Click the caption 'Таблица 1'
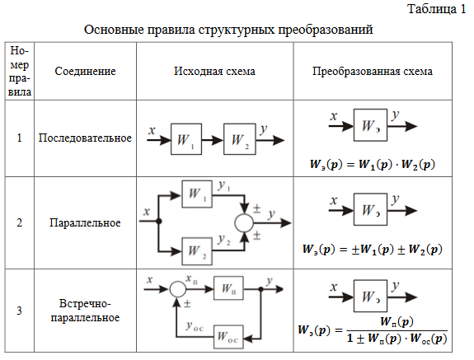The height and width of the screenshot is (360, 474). [437, 9]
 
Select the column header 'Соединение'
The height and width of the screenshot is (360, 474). [85, 71]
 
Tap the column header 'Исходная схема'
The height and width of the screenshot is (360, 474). [214, 71]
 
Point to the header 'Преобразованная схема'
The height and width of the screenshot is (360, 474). [373, 72]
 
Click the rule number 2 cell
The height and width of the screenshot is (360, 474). [19, 222]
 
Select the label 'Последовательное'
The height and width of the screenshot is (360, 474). [85, 138]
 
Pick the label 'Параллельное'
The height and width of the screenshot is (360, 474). [85, 222]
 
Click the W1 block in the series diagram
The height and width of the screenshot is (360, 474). [186, 139]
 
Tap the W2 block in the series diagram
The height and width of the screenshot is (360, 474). [240, 139]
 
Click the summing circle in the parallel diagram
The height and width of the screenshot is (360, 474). [244, 223]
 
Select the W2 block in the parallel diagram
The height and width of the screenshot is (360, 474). [197, 251]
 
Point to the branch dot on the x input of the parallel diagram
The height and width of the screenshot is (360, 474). [158, 222]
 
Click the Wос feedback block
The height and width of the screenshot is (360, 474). [228, 337]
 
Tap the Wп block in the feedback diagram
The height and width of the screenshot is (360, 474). [228, 288]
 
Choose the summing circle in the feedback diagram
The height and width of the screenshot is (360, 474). [177, 289]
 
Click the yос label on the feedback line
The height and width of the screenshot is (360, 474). [195, 326]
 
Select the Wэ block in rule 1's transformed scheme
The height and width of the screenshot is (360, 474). [370, 125]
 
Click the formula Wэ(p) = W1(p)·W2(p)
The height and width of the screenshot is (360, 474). [373, 164]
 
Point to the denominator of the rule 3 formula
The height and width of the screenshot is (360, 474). [397, 339]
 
